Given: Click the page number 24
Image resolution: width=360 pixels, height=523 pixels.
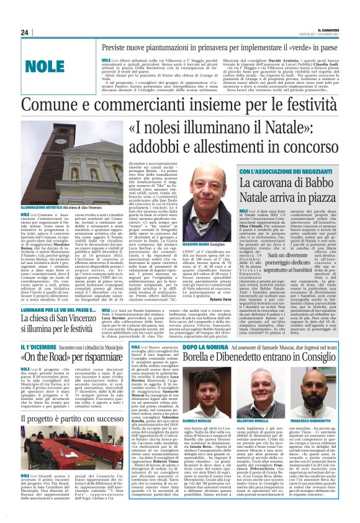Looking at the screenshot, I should (x=25, y=32).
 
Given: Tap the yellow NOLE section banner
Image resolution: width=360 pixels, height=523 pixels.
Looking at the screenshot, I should (x=45, y=66).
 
